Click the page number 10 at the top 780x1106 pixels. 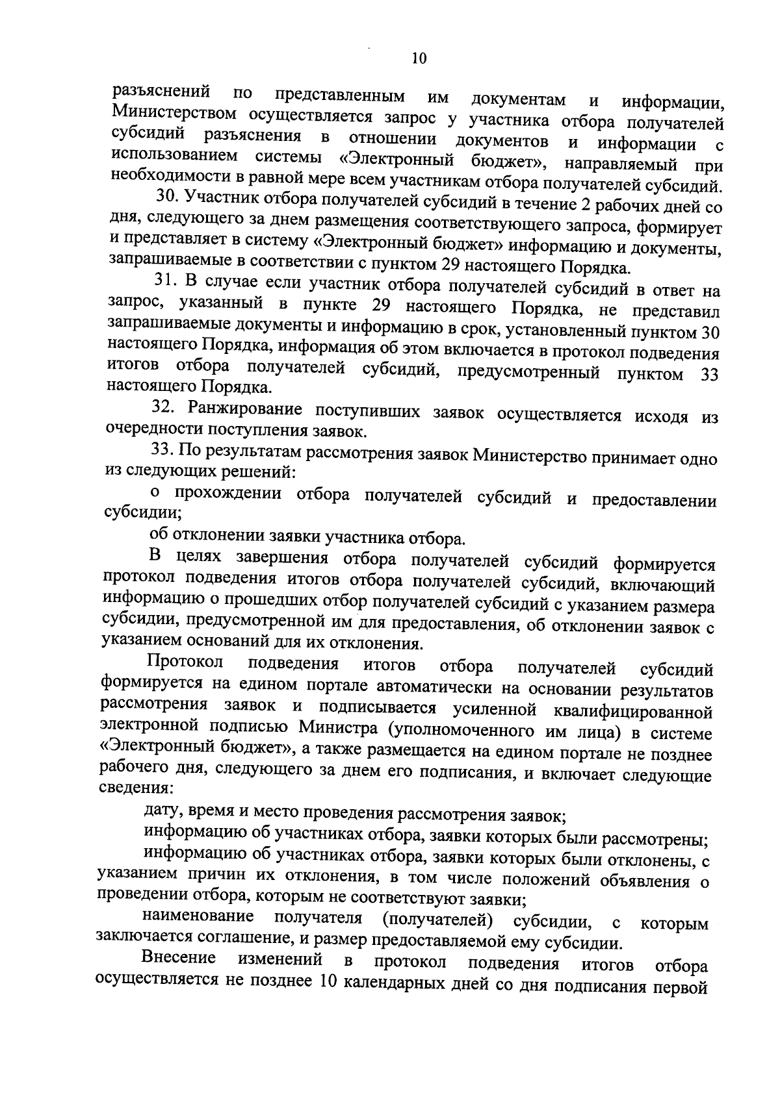pyautogui.click(x=419, y=59)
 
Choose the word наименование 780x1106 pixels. pyautogui.click(x=198, y=917)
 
